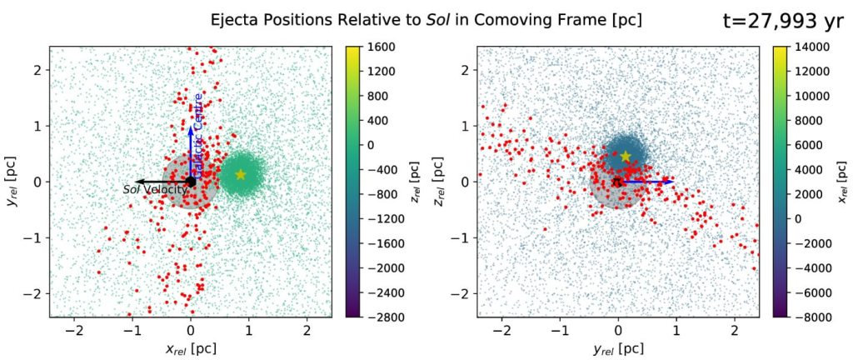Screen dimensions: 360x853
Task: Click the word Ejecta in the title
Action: point(236,18)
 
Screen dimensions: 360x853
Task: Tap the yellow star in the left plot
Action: point(241,174)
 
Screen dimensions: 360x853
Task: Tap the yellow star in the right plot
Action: point(626,156)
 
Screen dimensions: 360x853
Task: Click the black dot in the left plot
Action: point(191,181)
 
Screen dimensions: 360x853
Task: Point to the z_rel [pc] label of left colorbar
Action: point(414,181)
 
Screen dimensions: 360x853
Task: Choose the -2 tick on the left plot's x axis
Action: point(75,329)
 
